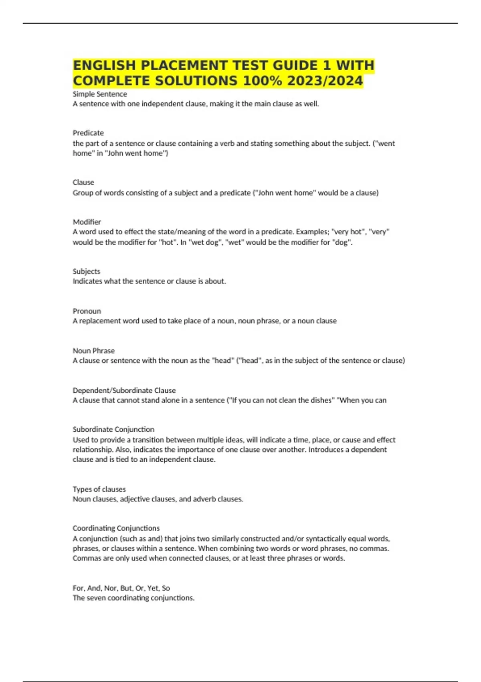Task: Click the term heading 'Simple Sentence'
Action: coord(100,94)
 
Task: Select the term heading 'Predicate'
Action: coord(88,133)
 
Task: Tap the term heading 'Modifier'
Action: coord(87,222)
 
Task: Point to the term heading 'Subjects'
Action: coord(86,271)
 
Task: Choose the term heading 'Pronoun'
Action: coord(87,311)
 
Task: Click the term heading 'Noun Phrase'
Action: coord(93,351)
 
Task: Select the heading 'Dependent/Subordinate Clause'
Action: coord(124,390)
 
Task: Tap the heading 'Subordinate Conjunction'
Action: coord(113,429)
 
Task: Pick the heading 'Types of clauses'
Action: coord(99,489)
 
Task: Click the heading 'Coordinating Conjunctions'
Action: coord(116,528)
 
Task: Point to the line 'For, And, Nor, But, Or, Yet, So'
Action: coord(121,588)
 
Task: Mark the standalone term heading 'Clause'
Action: coord(83,182)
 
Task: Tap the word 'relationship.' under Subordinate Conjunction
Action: coord(93,450)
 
